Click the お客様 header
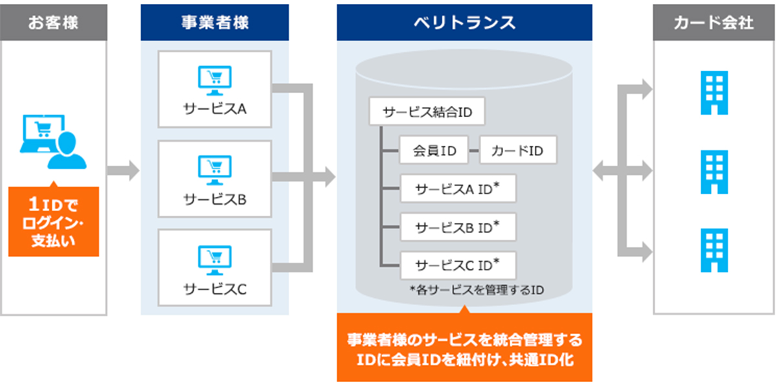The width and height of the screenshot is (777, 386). pos(53,23)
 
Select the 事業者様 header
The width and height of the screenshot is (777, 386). pos(215,23)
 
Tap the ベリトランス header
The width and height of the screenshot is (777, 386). pos(464,23)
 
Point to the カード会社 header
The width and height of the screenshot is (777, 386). pos(714,23)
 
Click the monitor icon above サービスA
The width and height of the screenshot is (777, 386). pos(215,80)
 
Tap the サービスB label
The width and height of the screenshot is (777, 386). pos(215,199)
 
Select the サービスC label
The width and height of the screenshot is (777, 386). pos(215,289)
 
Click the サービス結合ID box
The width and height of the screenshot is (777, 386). pos(427,111)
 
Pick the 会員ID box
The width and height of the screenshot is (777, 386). pos(434,150)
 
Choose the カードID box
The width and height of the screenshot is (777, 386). pos(518,150)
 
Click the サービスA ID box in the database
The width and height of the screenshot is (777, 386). pos(458,188)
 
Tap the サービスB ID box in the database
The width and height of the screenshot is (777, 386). pos(458,227)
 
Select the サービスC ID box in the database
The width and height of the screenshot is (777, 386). pos(458,266)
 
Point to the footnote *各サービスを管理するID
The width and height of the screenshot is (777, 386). pos(477,290)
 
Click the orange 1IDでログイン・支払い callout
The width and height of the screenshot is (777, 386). pos(54,221)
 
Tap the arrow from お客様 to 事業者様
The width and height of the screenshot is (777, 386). pos(123,170)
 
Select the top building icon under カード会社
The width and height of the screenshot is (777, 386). pos(714,93)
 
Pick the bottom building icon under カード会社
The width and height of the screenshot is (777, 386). pos(714,250)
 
